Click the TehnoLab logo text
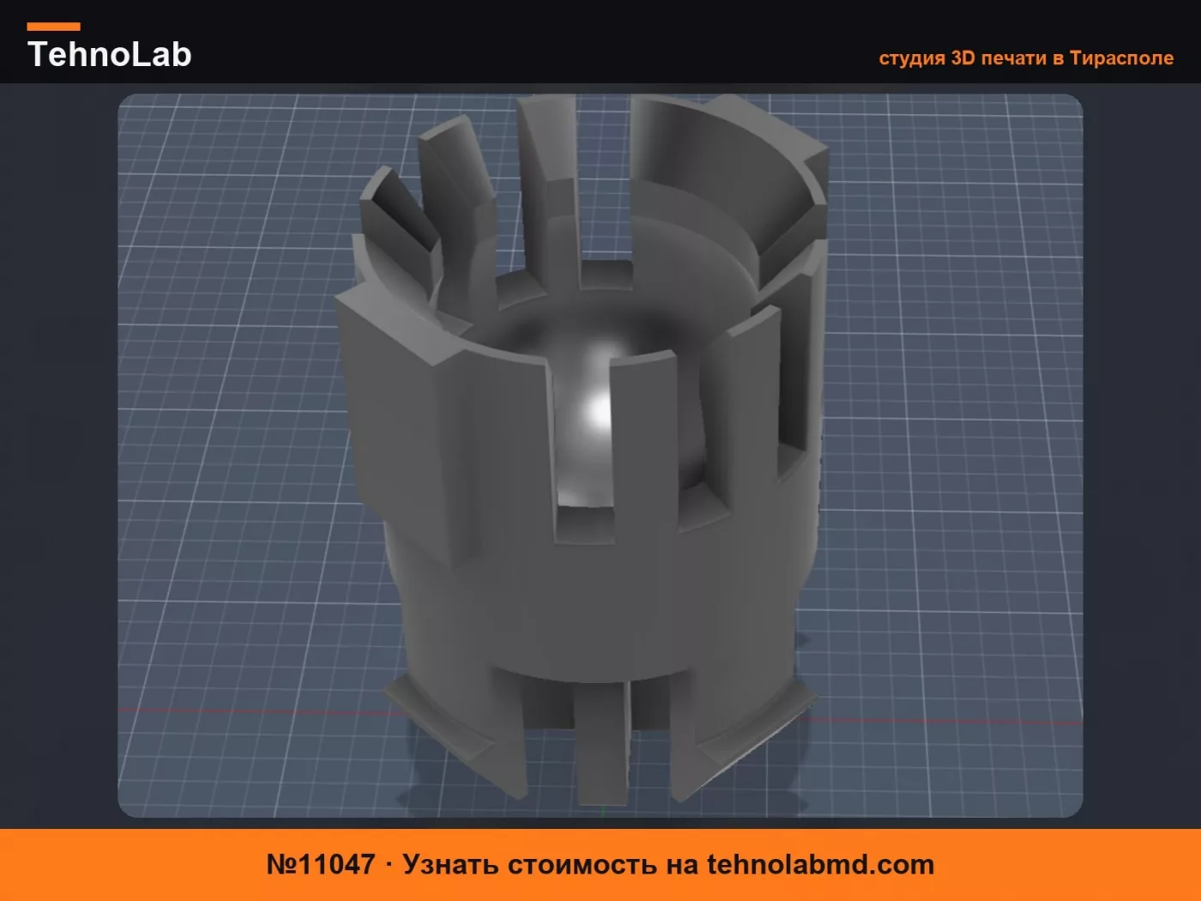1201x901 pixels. (x=110, y=54)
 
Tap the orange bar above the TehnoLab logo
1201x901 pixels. (x=54, y=27)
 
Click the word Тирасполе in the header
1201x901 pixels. (x=1122, y=58)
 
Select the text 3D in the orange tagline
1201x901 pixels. (x=963, y=57)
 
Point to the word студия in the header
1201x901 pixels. (x=912, y=58)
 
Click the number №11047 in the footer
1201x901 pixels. (x=321, y=865)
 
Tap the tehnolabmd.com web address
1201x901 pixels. (x=820, y=865)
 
